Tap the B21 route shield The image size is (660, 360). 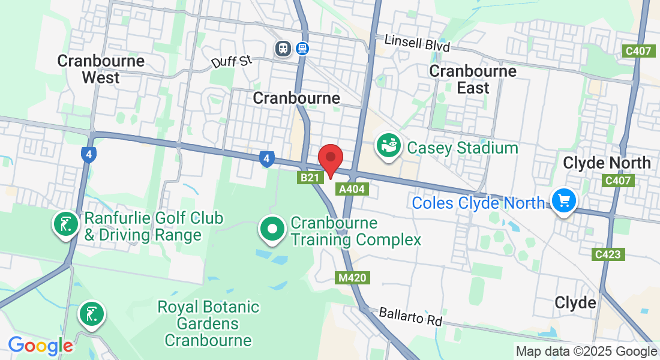click(310, 178)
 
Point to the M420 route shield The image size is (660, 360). click(351, 278)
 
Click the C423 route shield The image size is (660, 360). click(608, 254)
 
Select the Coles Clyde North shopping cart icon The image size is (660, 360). click(564, 201)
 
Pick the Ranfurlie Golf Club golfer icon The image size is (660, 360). click(65, 224)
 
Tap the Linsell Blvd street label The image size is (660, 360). click(417, 43)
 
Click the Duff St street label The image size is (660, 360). click(231, 61)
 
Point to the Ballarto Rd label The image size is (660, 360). click(410, 317)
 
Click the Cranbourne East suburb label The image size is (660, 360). click(473, 79)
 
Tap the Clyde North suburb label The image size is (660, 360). click(607, 163)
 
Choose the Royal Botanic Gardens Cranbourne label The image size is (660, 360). click(208, 324)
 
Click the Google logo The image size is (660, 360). click(40, 346)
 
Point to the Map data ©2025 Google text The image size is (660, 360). click(586, 352)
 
